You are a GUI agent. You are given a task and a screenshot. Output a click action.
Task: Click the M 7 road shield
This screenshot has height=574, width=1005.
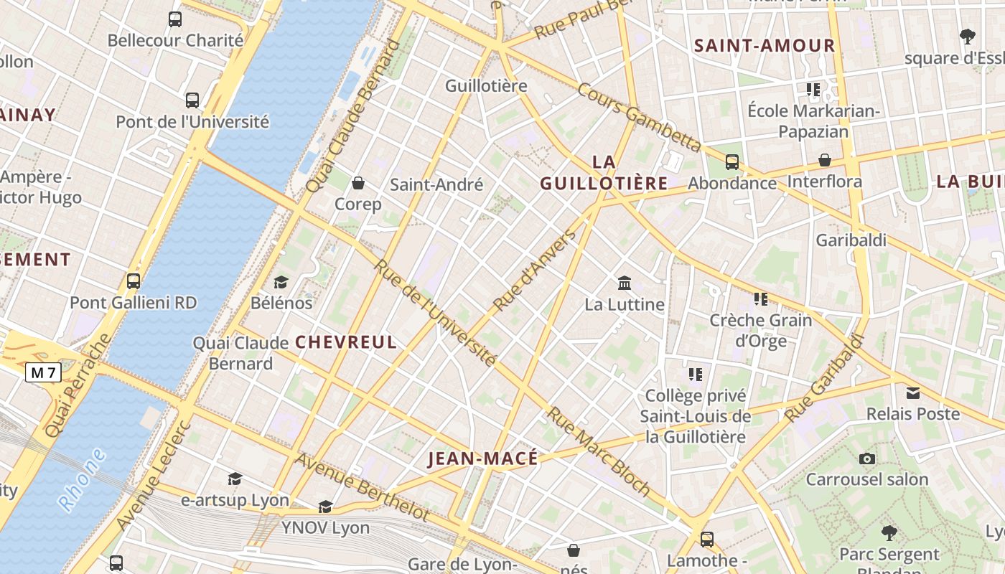point(44,372)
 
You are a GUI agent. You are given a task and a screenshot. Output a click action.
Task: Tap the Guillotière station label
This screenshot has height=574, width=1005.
point(486,86)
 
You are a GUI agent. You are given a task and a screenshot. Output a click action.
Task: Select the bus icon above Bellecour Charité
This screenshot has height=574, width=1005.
point(175,19)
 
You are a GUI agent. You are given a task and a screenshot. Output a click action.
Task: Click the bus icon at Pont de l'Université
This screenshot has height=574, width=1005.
point(192,100)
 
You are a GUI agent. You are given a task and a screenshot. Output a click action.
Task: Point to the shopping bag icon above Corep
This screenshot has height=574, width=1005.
point(357,183)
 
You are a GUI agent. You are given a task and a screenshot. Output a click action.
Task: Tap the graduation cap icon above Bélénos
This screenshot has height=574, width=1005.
point(281,282)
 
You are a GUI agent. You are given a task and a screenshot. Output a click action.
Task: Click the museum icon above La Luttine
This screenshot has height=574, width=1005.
point(624,283)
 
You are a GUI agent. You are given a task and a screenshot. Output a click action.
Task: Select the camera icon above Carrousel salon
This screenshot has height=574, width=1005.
point(866,458)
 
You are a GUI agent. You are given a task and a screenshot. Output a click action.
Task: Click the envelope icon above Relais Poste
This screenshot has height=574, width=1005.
point(912,393)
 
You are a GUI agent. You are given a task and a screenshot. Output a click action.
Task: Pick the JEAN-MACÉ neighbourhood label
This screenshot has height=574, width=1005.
point(482,459)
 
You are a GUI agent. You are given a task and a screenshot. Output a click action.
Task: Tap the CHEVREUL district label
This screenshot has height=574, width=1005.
point(346,342)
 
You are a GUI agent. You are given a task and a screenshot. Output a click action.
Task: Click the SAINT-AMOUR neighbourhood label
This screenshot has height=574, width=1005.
point(765,46)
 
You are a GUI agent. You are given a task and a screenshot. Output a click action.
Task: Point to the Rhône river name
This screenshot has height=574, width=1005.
point(82,479)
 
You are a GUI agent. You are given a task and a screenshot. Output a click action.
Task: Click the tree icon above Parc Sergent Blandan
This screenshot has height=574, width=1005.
point(889,533)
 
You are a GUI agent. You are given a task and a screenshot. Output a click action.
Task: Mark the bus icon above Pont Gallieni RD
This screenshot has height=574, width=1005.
point(134,281)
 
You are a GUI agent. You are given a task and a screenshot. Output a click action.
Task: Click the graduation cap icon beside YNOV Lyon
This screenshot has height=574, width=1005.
point(325,507)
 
